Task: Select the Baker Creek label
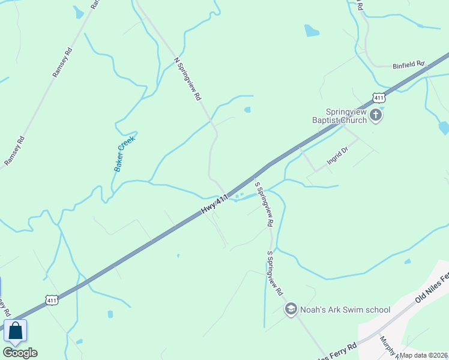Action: pos(125,154)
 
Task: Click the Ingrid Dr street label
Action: pos(337,157)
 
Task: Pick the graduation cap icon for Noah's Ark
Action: pos(291,309)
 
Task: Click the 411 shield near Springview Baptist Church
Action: pos(378,98)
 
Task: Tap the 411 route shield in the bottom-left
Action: pos(52,299)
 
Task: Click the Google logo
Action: pos(20,353)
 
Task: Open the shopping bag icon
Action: pos(15,331)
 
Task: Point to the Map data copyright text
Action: pos(424,355)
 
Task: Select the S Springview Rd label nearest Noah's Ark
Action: pos(275,273)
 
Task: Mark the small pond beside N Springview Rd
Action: pos(247,110)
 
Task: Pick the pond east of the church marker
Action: pos(444,127)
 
